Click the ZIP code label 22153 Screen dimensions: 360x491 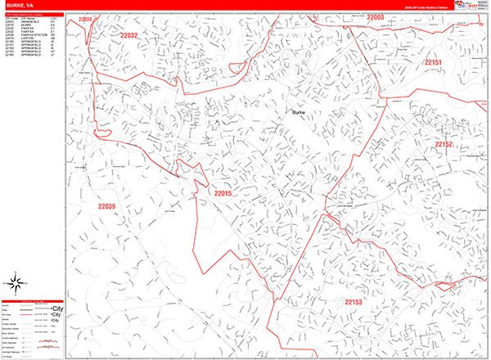click(354, 302)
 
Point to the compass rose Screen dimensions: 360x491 click(16, 284)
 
